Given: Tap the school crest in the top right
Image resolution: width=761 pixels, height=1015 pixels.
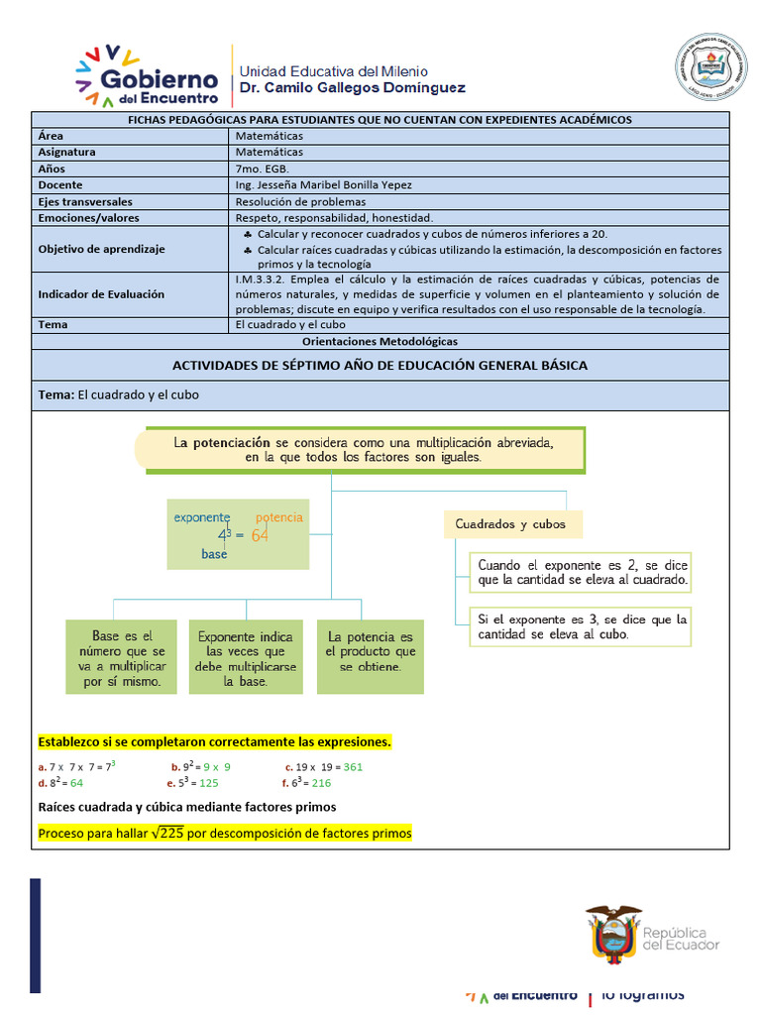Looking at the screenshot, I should (x=710, y=67).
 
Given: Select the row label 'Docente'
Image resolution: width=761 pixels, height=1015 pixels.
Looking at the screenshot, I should (x=60, y=185).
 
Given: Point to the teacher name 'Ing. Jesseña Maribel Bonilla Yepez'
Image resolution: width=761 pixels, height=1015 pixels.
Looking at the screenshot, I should (x=324, y=185).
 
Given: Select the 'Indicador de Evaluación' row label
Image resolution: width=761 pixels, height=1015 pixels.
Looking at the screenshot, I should (x=101, y=294).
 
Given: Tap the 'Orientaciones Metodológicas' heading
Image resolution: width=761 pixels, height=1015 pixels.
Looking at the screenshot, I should (x=380, y=341).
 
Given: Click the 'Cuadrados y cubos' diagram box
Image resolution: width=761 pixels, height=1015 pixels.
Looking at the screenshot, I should (x=510, y=523).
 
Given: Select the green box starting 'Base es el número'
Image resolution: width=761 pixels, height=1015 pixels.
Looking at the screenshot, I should (x=121, y=656).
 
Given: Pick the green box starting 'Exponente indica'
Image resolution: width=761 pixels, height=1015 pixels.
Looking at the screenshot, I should (x=245, y=656).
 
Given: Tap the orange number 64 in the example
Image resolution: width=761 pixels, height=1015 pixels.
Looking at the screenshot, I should (x=260, y=535).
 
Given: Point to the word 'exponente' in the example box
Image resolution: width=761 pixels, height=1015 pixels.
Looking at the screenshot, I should (x=202, y=517).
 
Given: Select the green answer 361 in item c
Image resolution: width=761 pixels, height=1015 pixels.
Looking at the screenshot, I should (x=353, y=766).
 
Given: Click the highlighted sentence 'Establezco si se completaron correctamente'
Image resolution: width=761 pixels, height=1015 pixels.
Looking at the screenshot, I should (x=214, y=741).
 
